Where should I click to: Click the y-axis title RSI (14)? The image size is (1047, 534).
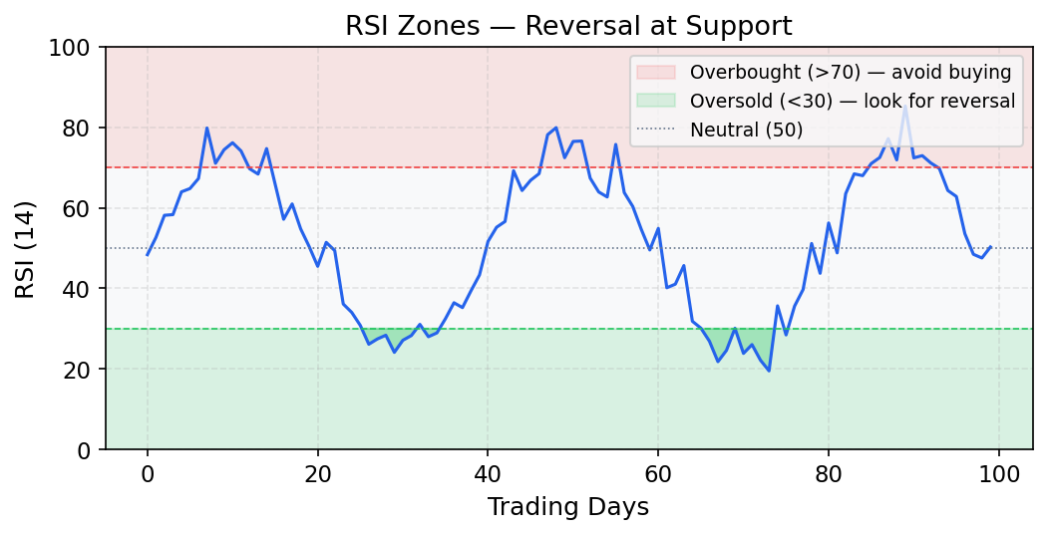pos(27,248)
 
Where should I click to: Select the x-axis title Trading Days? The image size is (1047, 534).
pos(568,507)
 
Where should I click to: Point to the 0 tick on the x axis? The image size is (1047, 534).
pos(148,475)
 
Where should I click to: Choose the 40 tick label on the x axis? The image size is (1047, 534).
pos(488,475)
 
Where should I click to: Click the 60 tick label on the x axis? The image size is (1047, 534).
pos(658,475)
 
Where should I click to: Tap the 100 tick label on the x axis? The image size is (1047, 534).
pos(998,475)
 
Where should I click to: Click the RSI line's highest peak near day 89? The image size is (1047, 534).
pos(904,108)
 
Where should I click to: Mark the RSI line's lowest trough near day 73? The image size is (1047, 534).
pos(769,371)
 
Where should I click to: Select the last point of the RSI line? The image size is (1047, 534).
pos(990,246)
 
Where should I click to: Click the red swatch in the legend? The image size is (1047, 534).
pos(655,72)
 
